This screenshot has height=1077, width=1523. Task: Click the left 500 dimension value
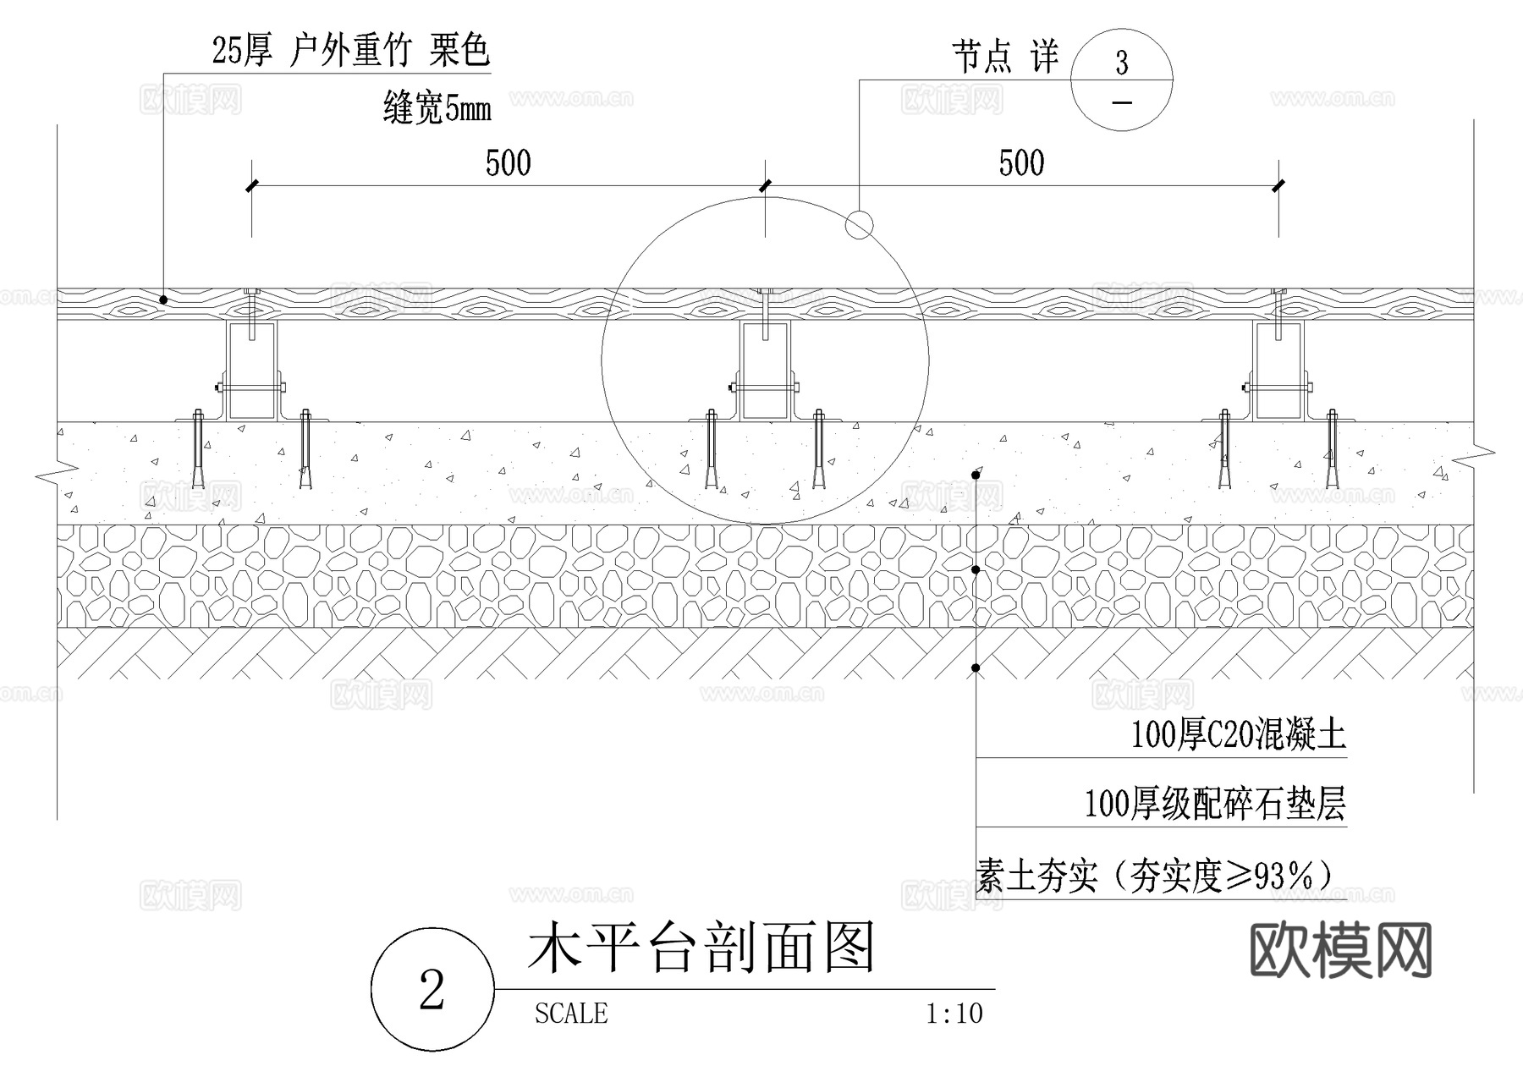point(508,163)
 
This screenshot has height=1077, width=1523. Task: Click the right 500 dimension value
point(1021,163)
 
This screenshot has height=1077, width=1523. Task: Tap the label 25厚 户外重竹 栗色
point(350,51)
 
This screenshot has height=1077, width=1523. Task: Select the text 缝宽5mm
point(437,109)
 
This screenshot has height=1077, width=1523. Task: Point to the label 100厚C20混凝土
point(1238,734)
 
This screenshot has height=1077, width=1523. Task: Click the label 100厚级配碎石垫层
point(1214,803)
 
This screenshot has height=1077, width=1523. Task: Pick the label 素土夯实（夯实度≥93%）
point(1154,876)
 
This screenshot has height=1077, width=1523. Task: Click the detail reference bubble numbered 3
point(1121,80)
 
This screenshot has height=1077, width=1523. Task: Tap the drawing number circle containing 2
point(432,989)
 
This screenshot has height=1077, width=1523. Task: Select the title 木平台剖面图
point(701,948)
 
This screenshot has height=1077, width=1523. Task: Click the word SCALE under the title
point(571,1014)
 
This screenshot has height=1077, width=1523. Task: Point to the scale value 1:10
point(954,1014)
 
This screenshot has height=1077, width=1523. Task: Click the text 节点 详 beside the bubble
point(1005,58)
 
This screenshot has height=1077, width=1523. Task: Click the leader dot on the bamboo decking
point(163,299)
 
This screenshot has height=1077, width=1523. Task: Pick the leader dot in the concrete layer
point(976,475)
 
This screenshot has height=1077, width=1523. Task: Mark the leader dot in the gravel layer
point(976,570)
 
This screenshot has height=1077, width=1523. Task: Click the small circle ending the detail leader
point(859,225)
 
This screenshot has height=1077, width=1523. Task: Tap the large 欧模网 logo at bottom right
point(1340,950)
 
